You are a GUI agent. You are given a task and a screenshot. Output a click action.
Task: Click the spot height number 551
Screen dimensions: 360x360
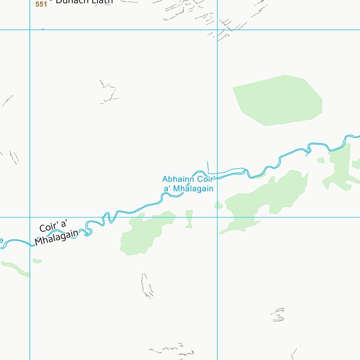[41, 4]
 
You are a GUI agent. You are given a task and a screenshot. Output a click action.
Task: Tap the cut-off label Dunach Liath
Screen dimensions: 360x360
[84, 2]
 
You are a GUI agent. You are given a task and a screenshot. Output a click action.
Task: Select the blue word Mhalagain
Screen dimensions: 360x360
[193, 188]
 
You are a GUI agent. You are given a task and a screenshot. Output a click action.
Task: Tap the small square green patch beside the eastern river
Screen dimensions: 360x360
[321, 160]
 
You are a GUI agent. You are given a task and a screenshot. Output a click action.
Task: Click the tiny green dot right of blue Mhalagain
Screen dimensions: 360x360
[218, 205]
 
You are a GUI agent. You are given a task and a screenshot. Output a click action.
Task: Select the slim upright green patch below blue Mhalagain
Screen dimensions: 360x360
[189, 218]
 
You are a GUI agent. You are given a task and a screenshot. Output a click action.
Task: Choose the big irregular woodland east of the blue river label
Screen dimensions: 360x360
[267, 197]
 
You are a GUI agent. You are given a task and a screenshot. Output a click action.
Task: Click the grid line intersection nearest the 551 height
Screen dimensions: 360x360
[30, 30]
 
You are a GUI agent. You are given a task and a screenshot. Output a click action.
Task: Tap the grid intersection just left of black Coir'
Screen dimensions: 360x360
[30, 217]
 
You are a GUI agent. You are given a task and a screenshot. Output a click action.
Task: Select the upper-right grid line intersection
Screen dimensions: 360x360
[217, 30]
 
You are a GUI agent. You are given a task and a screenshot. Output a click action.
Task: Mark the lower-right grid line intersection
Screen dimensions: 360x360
[217, 217]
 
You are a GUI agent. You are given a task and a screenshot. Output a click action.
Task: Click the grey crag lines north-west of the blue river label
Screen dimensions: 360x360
[109, 91]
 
